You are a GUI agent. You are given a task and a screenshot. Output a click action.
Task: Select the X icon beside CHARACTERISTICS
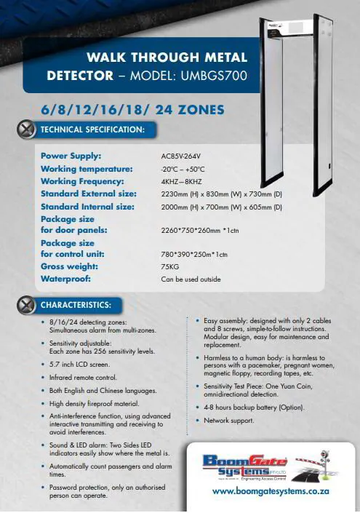click(x=26, y=304)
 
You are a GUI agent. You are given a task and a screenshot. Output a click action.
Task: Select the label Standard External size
click(x=88, y=194)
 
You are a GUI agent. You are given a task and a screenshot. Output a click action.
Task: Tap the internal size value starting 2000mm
click(x=221, y=207)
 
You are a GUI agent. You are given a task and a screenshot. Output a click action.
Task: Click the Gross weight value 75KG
click(x=170, y=267)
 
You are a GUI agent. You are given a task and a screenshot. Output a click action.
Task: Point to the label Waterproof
click(x=66, y=279)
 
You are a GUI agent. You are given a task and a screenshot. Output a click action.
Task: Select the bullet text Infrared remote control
click(x=82, y=378)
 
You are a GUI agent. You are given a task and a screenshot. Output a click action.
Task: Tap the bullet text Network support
click(x=229, y=421)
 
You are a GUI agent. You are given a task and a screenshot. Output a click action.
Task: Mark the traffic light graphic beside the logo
click(x=328, y=464)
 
